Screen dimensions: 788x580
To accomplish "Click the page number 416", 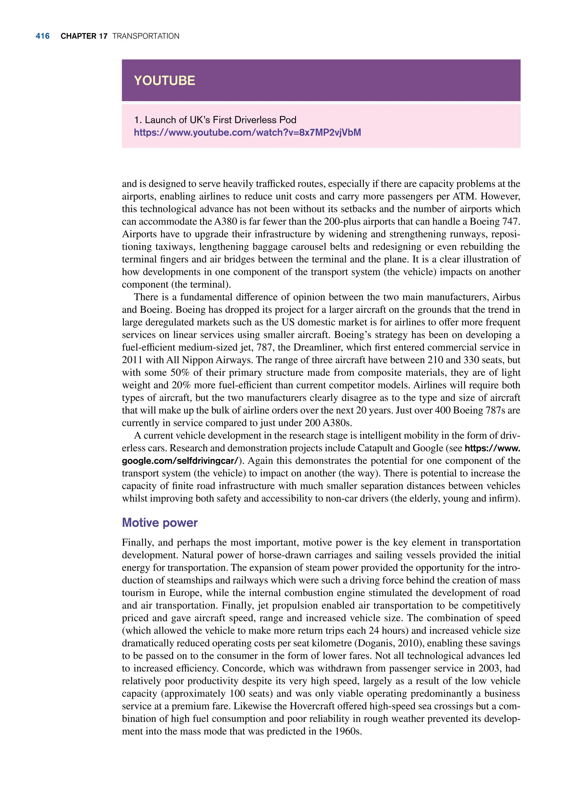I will (42, 36).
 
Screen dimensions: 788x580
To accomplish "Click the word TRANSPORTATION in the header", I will (146, 36).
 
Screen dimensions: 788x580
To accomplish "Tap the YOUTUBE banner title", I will (164, 81).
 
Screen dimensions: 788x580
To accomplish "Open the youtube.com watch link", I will (247, 133).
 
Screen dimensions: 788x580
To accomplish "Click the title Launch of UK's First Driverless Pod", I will (215, 120).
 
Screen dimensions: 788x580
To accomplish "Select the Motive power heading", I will (159, 523).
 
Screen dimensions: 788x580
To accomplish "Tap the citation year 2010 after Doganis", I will (410, 643).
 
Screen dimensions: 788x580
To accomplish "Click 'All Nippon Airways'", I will (209, 360).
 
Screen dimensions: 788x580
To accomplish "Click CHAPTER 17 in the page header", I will (84, 36).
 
